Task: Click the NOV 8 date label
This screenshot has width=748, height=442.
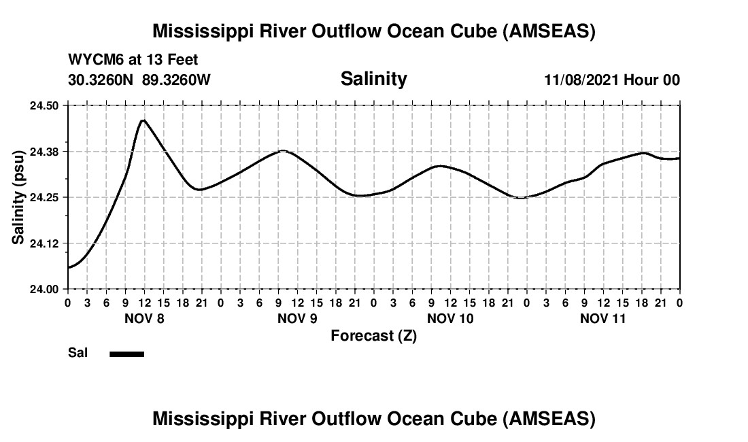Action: pos(144,318)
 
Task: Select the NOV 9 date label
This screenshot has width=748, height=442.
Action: pos(297,318)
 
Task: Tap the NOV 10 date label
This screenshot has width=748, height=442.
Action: pos(450,318)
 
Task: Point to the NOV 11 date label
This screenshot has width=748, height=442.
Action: pos(603,318)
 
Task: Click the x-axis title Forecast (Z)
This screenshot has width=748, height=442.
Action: pos(373,335)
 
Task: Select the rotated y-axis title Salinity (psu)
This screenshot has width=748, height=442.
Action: pos(18,197)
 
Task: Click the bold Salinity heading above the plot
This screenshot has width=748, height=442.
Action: pos(373,79)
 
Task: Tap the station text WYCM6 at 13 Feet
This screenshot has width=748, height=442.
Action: pos(133,60)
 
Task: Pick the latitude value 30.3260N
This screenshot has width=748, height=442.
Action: pos(101,80)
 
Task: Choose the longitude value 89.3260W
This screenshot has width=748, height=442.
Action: pos(176,80)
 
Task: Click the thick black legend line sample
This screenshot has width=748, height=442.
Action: pos(126,354)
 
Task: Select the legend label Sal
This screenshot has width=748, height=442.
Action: pos(77,354)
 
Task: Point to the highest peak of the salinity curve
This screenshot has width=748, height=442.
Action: pos(143,120)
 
